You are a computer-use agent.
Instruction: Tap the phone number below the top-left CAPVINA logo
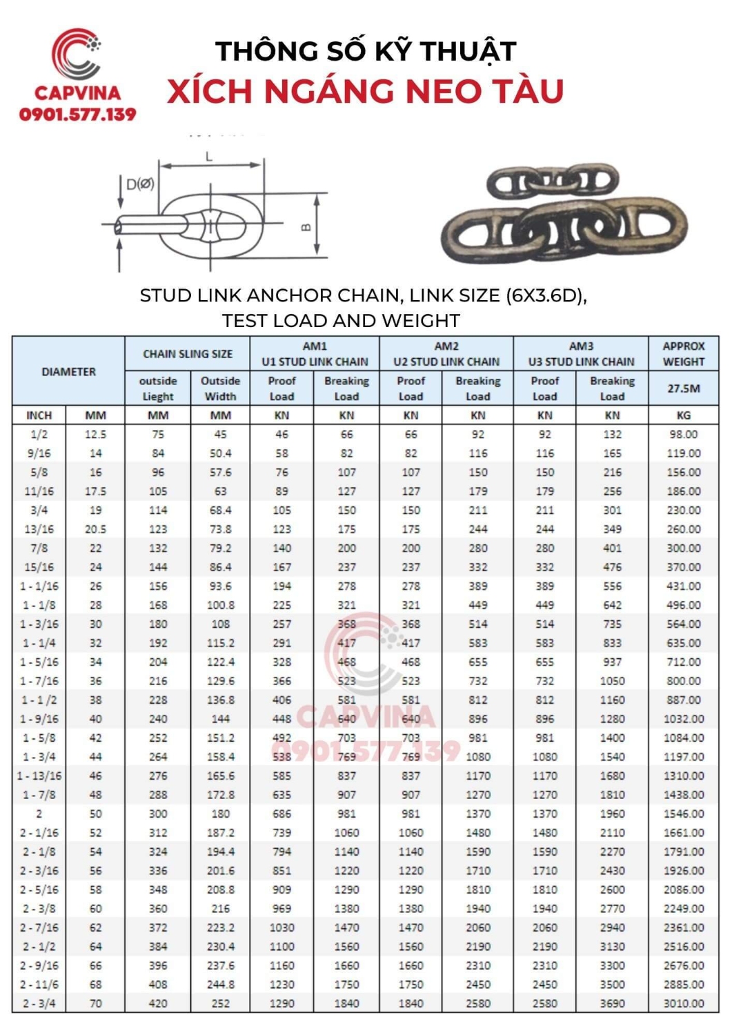pos(77,115)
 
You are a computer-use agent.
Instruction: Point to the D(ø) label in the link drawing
pos(140,184)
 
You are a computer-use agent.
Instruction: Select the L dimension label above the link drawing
pos(209,157)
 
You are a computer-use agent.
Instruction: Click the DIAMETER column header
pos(68,371)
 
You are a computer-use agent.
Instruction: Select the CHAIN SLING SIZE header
pos(188,354)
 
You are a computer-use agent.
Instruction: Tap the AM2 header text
pos(446,346)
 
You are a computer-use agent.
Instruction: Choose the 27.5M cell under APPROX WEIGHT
pos(683,388)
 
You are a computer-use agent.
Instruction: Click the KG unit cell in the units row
pos(683,415)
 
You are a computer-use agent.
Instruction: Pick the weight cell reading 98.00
pos(683,435)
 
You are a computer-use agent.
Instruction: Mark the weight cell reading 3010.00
pos(683,1004)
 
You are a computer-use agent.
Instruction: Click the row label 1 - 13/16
pos(39,776)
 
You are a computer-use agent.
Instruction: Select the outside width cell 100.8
pos(220,605)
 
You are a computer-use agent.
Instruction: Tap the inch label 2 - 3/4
pos(39,1004)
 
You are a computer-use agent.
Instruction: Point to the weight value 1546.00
pos(683,814)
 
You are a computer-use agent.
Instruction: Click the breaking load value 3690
pos(612,1004)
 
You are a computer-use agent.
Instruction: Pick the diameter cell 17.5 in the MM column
pos(95,491)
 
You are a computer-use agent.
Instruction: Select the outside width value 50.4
pos(220,453)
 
